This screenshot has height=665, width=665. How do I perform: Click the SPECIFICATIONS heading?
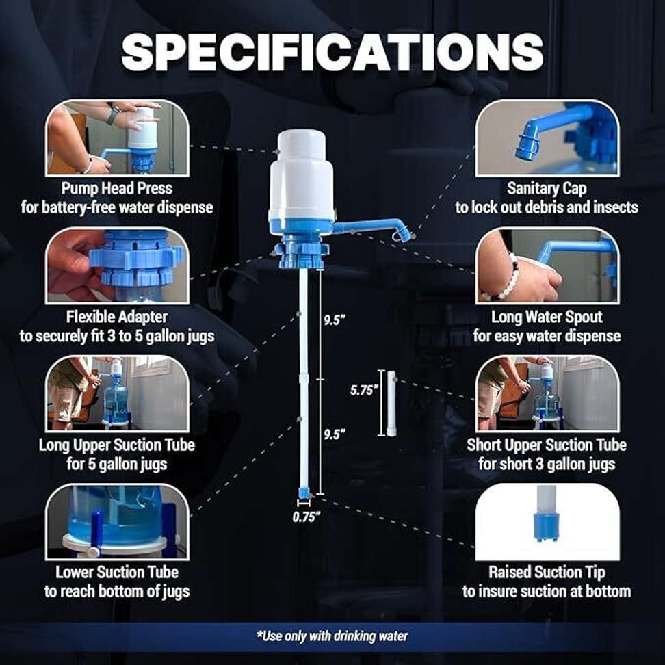coord(332,52)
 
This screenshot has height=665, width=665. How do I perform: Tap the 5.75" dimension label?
coord(363,390)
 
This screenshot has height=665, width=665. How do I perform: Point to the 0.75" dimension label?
coord(307,517)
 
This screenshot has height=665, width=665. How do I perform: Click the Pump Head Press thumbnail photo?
coord(117,138)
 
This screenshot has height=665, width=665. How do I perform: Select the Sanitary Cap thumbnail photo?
coord(547,138)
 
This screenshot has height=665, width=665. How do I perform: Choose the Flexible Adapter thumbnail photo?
coord(117,266)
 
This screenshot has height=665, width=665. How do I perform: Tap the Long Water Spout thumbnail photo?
coord(547,266)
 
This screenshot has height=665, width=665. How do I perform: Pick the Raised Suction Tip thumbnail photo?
coord(547,522)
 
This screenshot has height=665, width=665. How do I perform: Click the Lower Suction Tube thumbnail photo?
coord(117,522)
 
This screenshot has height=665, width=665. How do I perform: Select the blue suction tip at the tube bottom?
coord(304,493)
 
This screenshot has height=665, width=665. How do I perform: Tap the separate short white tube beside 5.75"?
coord(391,404)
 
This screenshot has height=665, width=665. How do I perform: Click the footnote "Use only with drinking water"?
coord(332,636)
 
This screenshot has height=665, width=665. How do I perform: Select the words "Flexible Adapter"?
coord(117,317)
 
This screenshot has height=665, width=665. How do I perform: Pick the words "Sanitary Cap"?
coord(547,189)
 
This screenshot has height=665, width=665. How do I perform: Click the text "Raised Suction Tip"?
coord(547,573)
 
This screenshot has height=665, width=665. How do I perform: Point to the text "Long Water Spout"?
coord(547,317)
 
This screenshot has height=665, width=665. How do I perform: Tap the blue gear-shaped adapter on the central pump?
coord(302,254)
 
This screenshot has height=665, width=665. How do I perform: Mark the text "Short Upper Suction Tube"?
coord(547,445)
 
